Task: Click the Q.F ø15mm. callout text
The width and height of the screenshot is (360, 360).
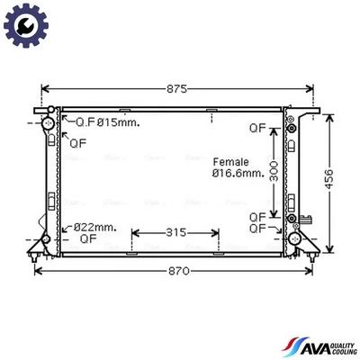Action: [106, 122]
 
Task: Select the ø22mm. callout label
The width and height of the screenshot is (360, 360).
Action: [95, 227]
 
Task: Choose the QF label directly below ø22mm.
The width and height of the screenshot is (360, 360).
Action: [87, 240]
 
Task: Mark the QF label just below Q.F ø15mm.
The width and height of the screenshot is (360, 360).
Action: [78, 140]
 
